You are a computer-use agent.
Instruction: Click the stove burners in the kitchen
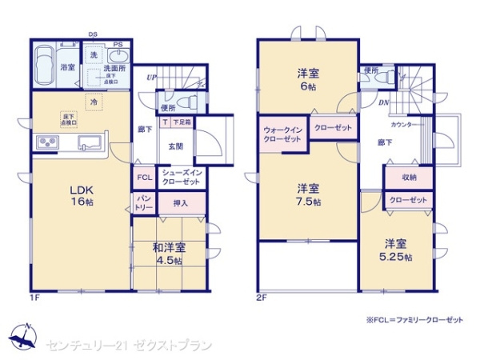pos(45,143)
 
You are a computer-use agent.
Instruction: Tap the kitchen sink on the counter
pos(88,143)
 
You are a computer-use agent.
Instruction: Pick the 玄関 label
pos(175,146)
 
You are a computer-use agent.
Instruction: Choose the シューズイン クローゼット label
pos(181,178)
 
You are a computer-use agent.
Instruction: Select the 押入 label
pos(180,203)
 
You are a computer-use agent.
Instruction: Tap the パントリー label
pos(144,202)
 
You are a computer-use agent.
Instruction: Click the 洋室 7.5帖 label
pos(308,194)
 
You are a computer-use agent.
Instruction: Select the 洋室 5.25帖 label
pos(396,250)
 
